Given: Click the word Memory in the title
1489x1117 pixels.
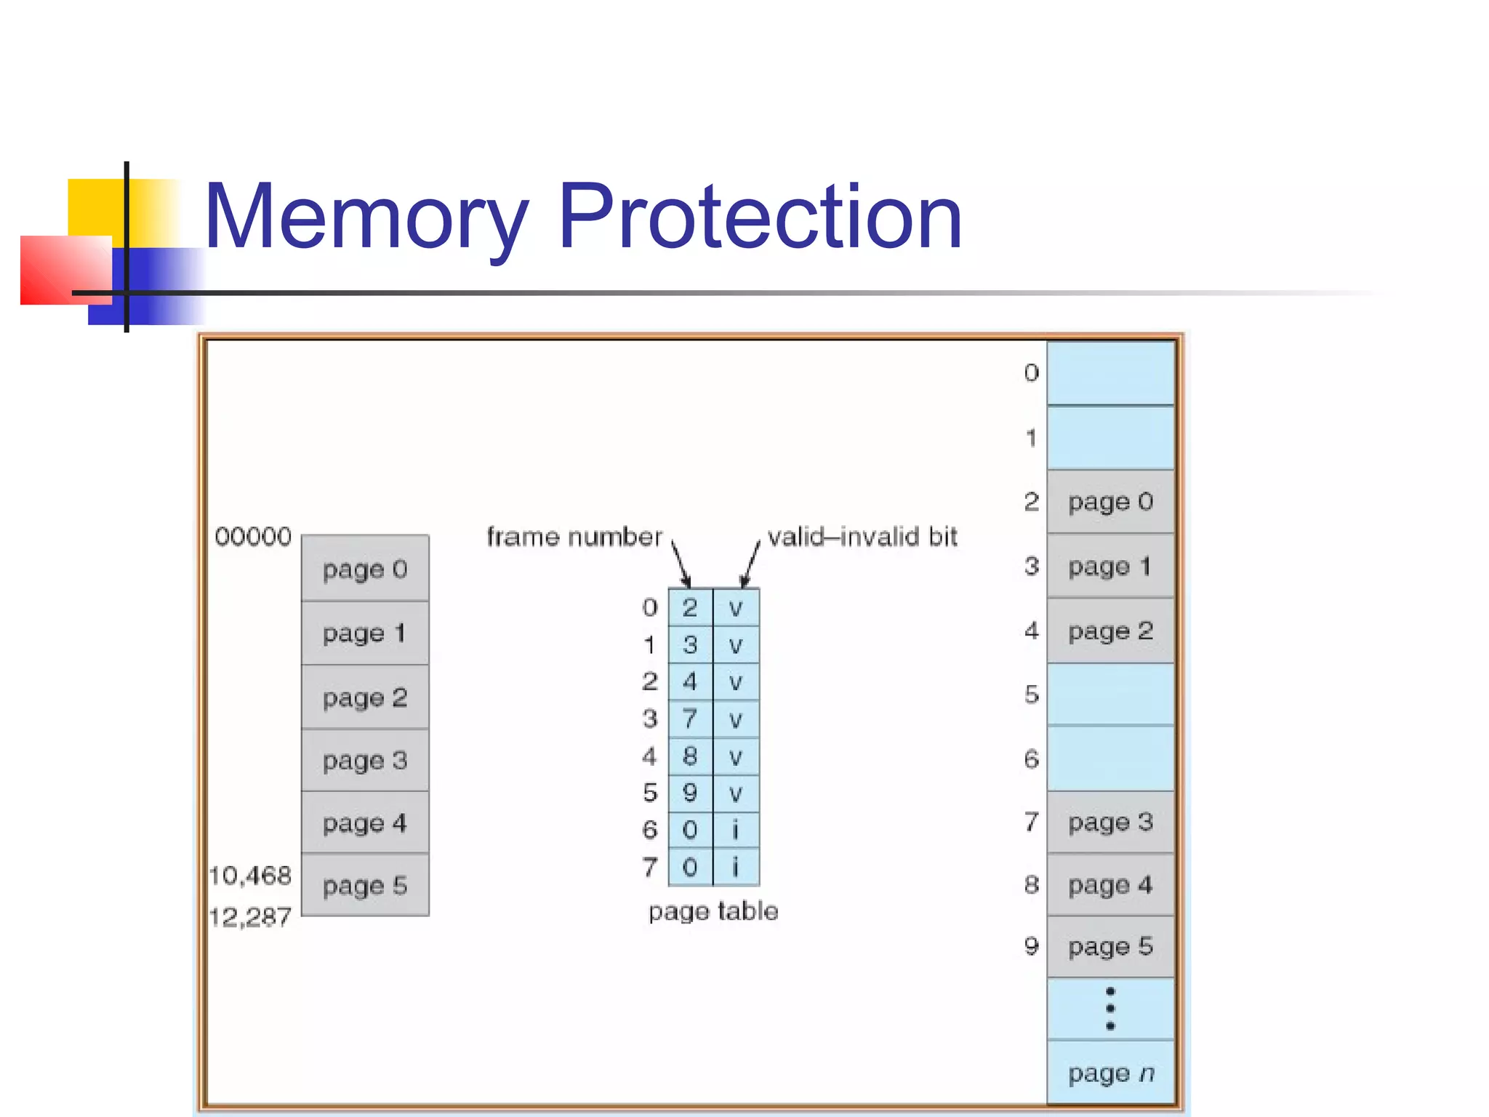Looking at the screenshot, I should pos(366,217).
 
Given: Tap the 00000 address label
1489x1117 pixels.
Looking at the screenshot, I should pos(253,537).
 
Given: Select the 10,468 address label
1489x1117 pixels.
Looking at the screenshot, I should pos(250,875).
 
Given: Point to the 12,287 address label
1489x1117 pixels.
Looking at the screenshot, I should pos(250,916).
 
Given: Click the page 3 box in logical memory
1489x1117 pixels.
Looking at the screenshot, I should pos(365,761).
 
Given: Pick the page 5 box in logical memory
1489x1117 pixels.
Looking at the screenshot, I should pos(365,885).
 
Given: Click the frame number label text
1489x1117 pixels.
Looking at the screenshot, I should pos(574,537).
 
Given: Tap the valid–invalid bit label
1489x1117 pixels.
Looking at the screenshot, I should pos(862,537).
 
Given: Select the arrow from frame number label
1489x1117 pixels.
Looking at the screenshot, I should pos(681,564).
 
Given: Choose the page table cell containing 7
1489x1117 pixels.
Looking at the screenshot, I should pos(690,719).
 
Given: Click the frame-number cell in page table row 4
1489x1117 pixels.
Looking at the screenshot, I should pos(690,756).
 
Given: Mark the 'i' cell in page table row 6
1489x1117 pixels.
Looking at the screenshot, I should pos(736,830).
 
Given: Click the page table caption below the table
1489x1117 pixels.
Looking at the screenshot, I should pos(713,911).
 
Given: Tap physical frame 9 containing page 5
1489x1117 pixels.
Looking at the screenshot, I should pos(1110,946).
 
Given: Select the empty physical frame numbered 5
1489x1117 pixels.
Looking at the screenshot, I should pos(1110,694).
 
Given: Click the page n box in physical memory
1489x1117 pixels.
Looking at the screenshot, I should pos(1110,1073).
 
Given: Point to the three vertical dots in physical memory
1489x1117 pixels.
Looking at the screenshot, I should pos(1110,1009).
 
